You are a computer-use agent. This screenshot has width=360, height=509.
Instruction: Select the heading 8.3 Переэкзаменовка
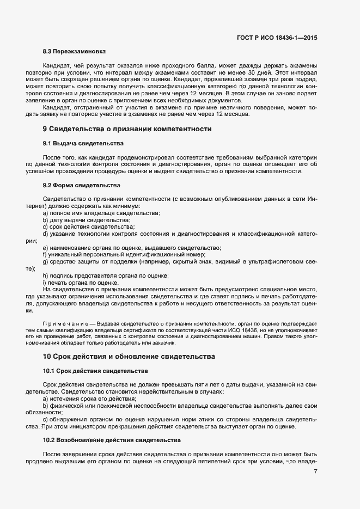point(74,52)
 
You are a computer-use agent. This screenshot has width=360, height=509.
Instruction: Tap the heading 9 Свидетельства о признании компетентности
point(126,130)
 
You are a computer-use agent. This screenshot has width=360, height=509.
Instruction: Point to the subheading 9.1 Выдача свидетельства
point(83,144)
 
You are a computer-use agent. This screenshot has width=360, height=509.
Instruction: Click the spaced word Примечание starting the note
point(63,323)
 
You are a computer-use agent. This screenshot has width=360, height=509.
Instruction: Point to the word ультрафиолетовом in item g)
point(276,262)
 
